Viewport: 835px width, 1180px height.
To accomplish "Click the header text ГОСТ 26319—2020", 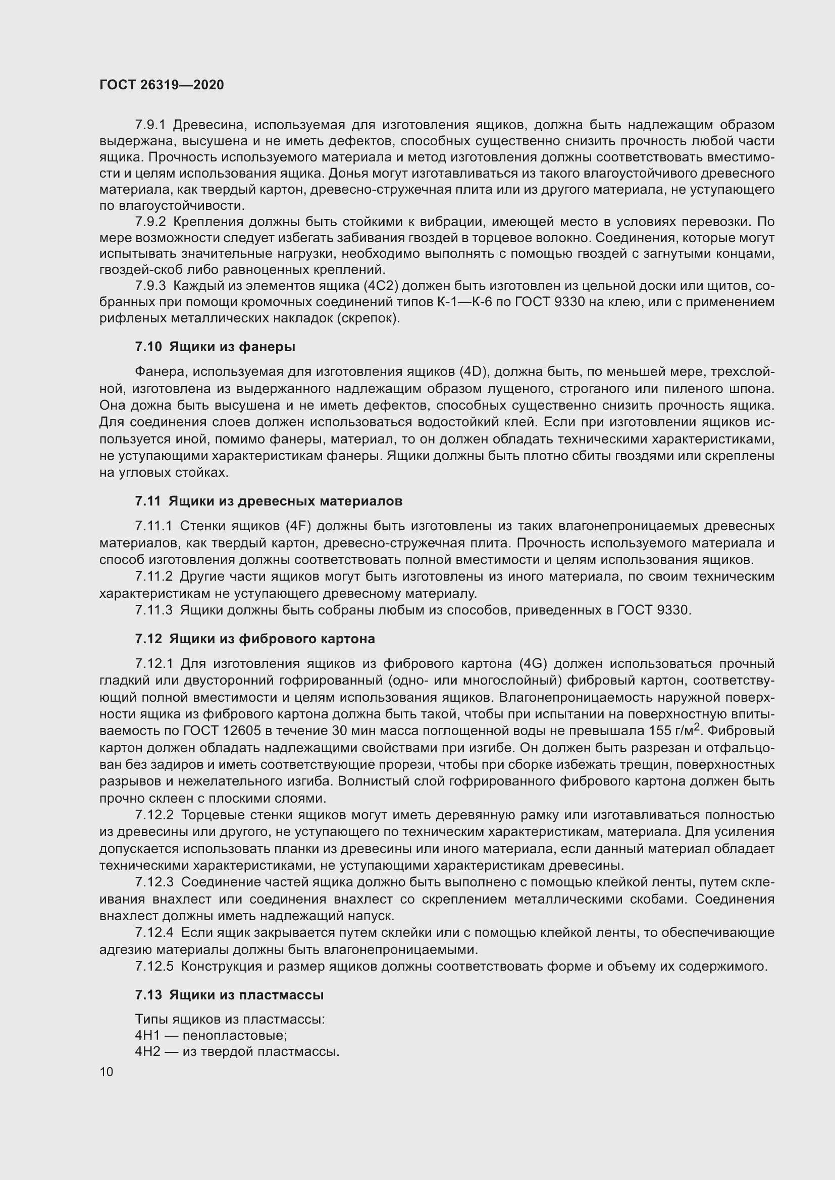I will (162, 85).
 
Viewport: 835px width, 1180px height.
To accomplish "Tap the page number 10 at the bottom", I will (107, 1072).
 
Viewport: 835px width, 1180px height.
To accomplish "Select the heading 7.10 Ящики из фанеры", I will (215, 347).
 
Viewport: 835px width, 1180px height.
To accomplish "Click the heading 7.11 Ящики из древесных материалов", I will (269, 501).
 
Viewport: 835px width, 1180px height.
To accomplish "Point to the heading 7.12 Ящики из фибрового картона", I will (255, 639).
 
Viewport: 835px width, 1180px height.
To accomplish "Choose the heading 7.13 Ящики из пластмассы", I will (229, 1009).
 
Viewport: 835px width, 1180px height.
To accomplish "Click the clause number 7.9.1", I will (150, 125).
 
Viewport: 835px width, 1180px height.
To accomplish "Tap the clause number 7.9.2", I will (150, 222).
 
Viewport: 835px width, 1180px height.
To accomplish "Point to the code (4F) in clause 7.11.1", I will (301, 526).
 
